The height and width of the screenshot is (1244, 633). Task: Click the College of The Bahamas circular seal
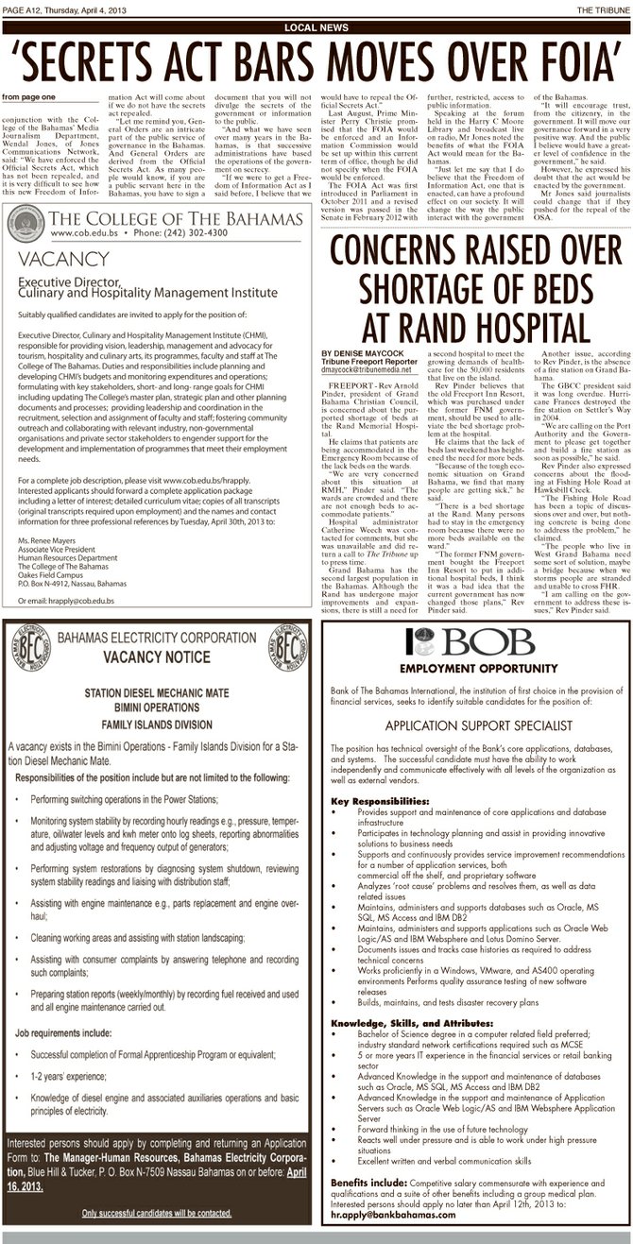pos(25,224)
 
